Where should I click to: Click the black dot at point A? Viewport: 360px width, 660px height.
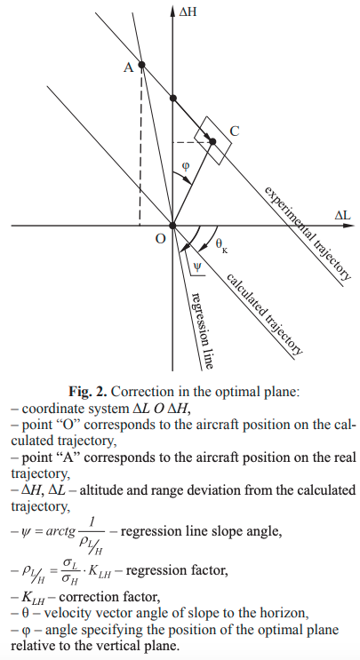point(142,64)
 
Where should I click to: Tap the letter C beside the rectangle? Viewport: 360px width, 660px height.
point(235,131)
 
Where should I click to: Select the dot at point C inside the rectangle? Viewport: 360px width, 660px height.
point(212,141)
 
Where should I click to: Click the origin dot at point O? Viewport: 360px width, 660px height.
point(172,226)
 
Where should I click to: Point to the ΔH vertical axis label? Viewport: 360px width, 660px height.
point(188,12)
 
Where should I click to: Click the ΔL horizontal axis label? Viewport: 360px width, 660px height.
point(343,216)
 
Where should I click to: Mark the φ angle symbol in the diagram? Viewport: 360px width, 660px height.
point(186,166)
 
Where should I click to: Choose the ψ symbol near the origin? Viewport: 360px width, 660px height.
point(197,266)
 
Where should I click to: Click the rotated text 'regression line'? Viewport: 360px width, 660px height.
point(201,330)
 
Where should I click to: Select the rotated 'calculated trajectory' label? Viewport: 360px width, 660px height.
point(264,314)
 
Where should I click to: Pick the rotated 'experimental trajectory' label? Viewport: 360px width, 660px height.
point(308,233)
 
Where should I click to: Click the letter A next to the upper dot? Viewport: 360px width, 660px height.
point(128,68)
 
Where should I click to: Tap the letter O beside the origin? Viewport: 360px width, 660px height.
point(160,239)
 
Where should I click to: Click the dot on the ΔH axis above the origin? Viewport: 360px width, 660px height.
point(172,99)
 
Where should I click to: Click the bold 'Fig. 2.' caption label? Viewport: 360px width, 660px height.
point(88,392)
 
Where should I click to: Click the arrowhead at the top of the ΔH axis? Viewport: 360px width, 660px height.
point(172,11)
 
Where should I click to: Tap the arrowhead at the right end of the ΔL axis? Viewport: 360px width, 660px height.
point(349,226)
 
